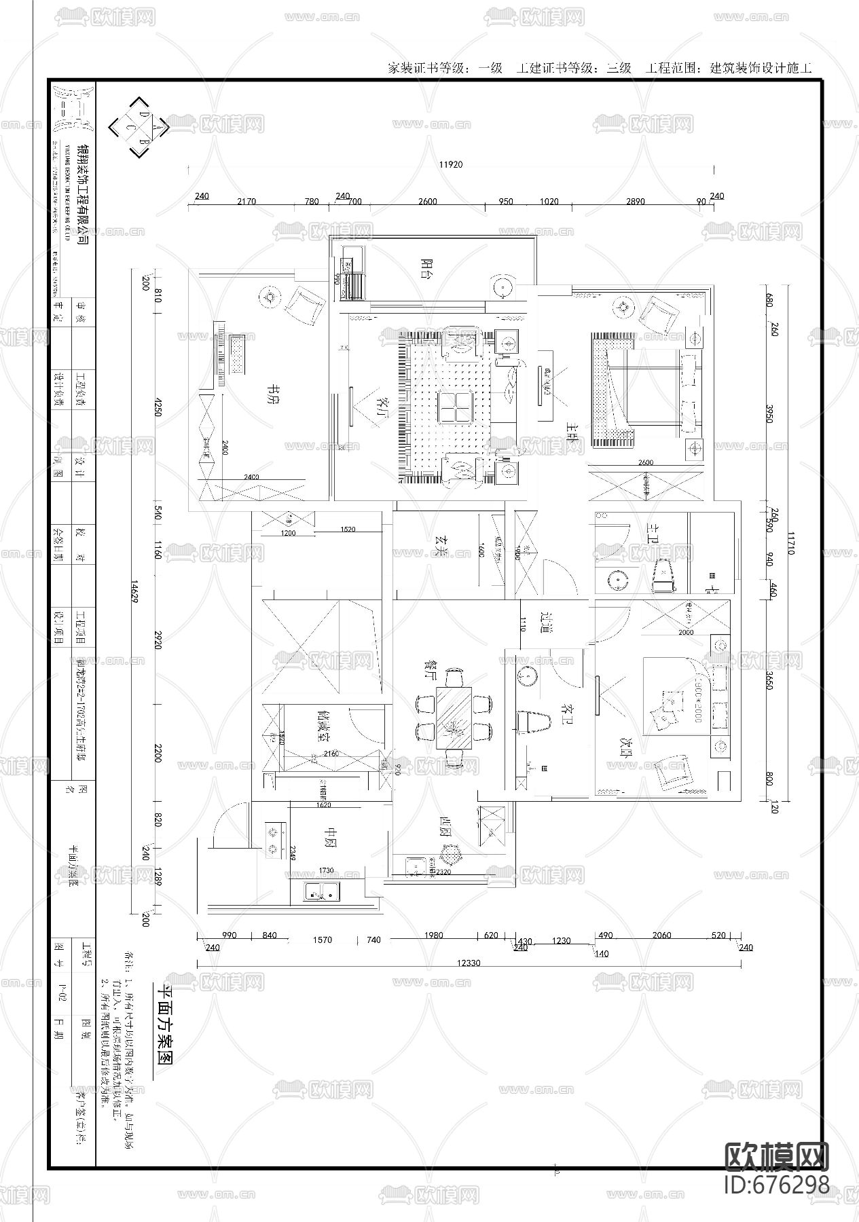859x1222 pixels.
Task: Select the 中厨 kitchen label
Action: (331, 836)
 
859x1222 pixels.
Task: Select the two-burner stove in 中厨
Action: (274, 839)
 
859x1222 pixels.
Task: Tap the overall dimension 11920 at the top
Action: (450, 164)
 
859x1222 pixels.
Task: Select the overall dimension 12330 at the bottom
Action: (468, 963)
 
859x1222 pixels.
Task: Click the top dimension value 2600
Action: (427, 202)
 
